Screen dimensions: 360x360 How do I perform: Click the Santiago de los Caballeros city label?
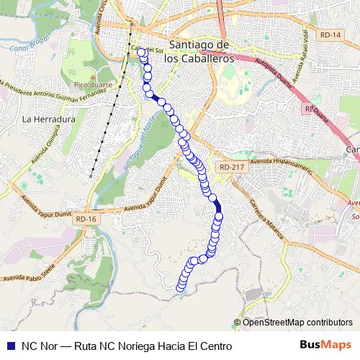198,52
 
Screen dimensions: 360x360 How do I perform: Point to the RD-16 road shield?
85,218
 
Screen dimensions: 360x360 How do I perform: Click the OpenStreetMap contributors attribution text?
297,322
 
